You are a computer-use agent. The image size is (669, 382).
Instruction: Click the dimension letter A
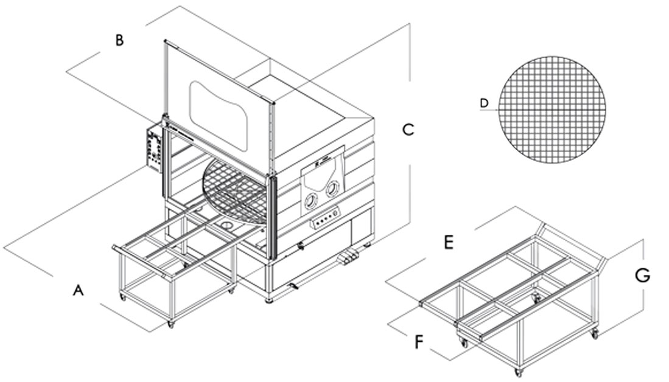[77, 291]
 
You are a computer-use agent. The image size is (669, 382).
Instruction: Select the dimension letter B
[120, 41]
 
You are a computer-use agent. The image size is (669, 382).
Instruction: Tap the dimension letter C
[408, 130]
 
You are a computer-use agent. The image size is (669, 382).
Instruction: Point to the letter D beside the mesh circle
[484, 103]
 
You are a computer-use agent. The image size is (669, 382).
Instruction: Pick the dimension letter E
[448, 243]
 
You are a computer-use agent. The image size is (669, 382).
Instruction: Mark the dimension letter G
[642, 276]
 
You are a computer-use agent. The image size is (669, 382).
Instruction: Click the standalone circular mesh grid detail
[553, 110]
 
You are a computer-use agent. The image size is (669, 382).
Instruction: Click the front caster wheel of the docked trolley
[170, 324]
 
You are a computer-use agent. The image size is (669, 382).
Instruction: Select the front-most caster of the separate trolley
[518, 372]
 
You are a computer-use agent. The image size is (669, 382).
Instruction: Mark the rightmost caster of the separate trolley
[595, 333]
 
